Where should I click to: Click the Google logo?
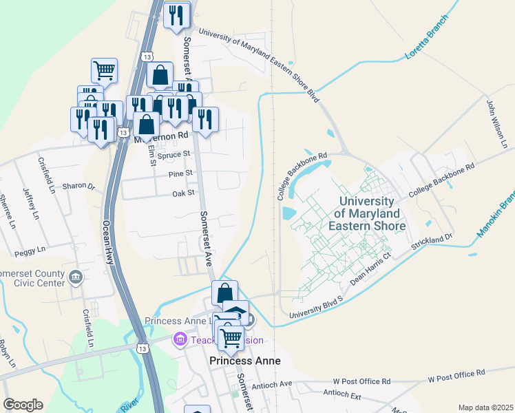pyautogui.click(x=23, y=405)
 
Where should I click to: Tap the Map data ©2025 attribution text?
pyautogui.click(x=485, y=407)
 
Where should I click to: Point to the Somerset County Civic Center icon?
pyautogui.click(x=76, y=277)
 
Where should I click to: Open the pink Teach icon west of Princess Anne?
pyautogui.click(x=180, y=339)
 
